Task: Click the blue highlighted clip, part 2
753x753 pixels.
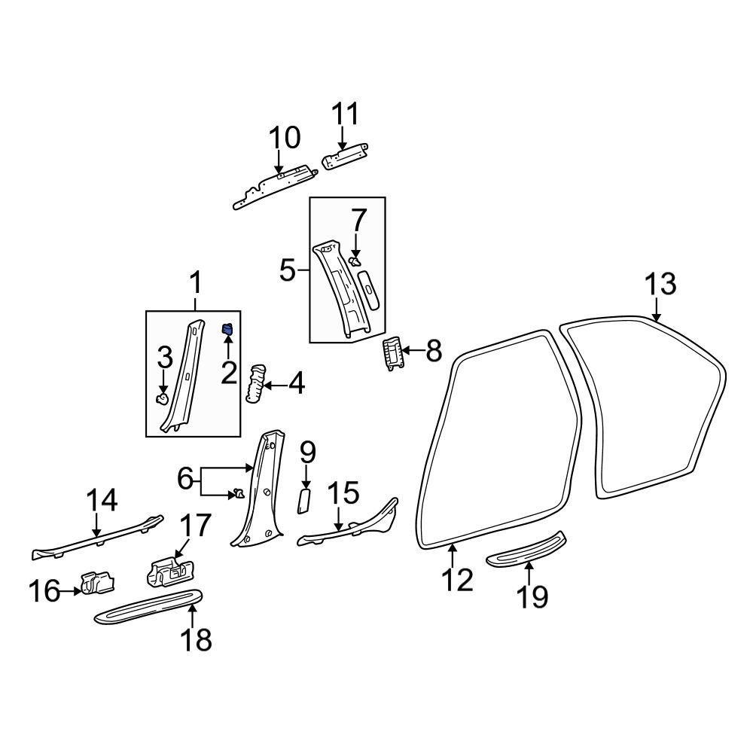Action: point(227,329)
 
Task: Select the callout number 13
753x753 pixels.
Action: point(660,285)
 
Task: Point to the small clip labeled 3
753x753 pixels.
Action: point(162,398)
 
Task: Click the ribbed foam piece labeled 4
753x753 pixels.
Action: point(255,383)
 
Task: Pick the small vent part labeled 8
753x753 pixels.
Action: point(392,352)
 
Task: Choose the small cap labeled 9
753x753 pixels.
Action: point(305,499)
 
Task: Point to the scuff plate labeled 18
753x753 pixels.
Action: point(149,606)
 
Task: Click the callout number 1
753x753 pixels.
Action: point(194,285)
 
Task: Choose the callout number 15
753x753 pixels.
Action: point(343,495)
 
